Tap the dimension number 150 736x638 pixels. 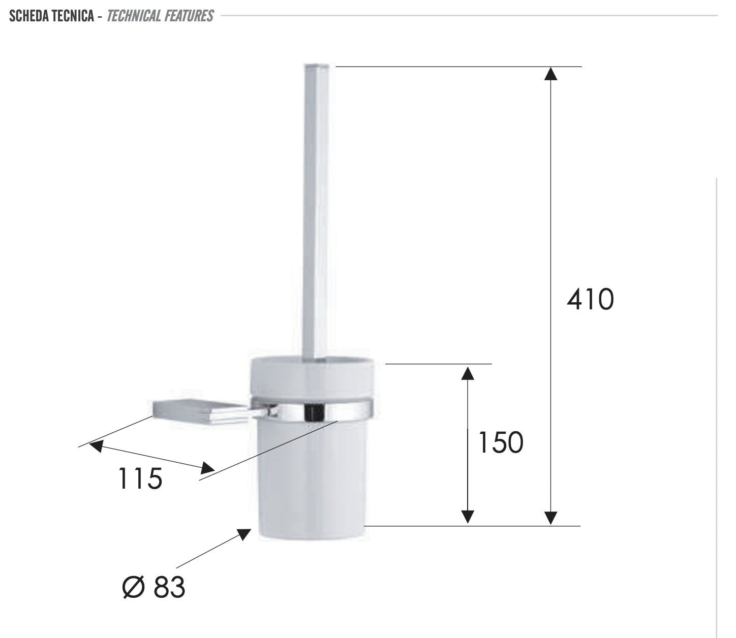tap(500, 442)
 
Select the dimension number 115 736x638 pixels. tap(140, 479)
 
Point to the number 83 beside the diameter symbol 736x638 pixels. tap(169, 587)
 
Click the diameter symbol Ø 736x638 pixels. tap(133, 587)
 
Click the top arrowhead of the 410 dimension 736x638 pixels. tap(551, 74)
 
